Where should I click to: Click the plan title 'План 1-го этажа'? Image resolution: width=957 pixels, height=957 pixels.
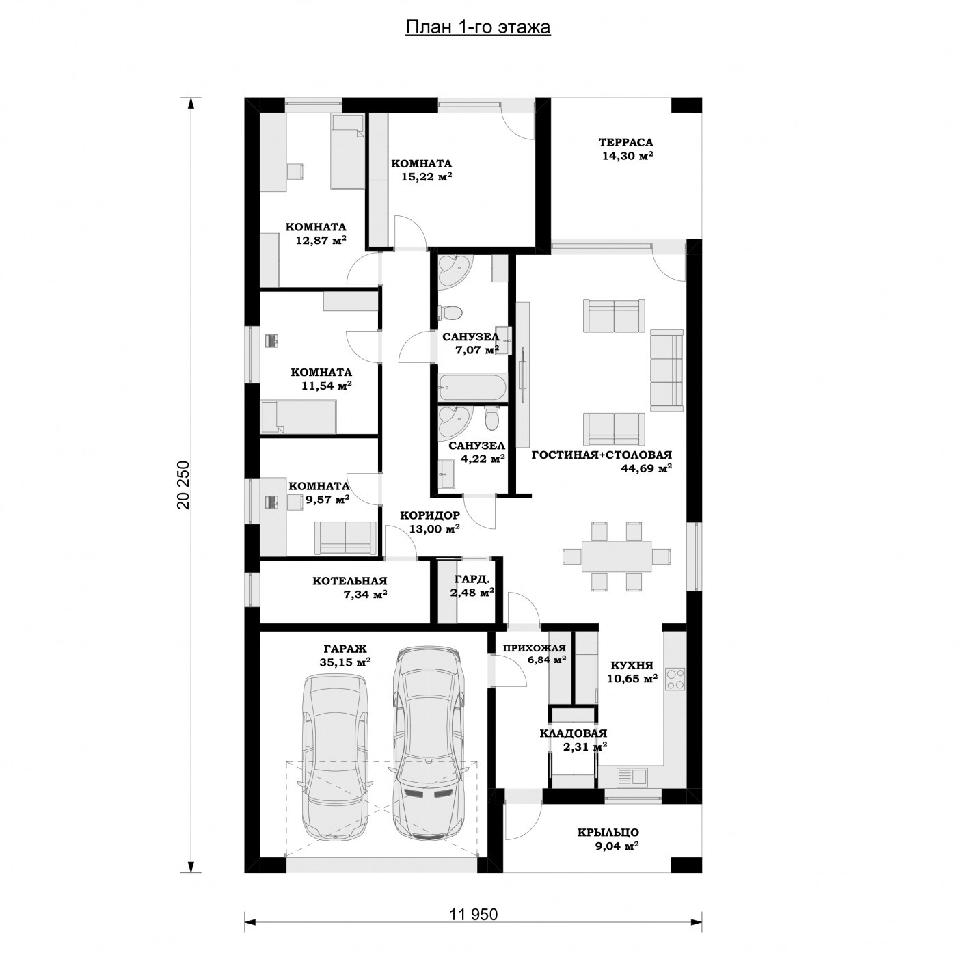[x=478, y=27]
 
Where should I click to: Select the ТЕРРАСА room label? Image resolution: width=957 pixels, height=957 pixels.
[x=625, y=143]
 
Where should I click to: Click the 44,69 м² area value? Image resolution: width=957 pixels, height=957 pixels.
[x=646, y=468]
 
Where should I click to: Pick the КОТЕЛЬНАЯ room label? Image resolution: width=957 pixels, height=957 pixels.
[x=349, y=581]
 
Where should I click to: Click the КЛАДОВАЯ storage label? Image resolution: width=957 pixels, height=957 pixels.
[x=573, y=733]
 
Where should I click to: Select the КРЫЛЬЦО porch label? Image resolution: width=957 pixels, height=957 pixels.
[x=608, y=833]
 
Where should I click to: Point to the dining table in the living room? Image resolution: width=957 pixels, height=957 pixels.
[x=617, y=556]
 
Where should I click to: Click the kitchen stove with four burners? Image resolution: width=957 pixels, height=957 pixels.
[x=675, y=679]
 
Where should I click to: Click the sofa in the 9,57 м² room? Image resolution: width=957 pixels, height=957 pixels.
[x=345, y=538]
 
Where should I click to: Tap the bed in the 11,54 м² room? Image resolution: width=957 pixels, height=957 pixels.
[x=299, y=417]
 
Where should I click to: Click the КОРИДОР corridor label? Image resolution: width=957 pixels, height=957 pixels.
[x=430, y=515]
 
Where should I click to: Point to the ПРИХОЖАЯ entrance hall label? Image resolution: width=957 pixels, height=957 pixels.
[x=535, y=648]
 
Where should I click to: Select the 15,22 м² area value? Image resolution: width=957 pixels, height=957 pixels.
[x=427, y=177]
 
